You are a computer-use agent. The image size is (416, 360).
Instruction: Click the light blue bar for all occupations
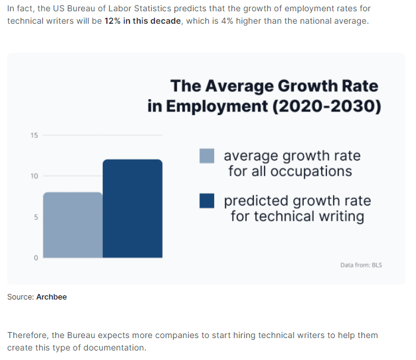pyautogui.click(x=72, y=225)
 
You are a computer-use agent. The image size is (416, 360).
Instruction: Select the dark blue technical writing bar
pyautogui.click(x=132, y=208)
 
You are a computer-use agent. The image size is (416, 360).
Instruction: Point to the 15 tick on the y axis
pyautogui.click(x=34, y=135)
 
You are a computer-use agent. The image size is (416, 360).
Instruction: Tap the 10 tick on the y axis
pyautogui.click(x=34, y=176)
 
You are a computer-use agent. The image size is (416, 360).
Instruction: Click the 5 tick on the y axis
pyautogui.click(x=35, y=217)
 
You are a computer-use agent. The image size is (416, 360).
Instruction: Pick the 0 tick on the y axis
pyautogui.click(x=35, y=258)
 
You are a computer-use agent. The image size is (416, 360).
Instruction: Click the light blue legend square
pyautogui.click(x=207, y=155)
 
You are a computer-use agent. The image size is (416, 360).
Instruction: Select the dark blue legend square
pyautogui.click(x=207, y=201)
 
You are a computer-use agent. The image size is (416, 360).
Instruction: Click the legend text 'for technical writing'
pyautogui.click(x=297, y=216)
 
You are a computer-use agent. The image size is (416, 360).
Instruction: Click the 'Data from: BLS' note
pyautogui.click(x=361, y=265)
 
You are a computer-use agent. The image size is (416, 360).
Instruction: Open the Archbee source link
pyautogui.click(x=52, y=297)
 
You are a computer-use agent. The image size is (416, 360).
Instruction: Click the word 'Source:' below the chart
pyautogui.click(x=20, y=297)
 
